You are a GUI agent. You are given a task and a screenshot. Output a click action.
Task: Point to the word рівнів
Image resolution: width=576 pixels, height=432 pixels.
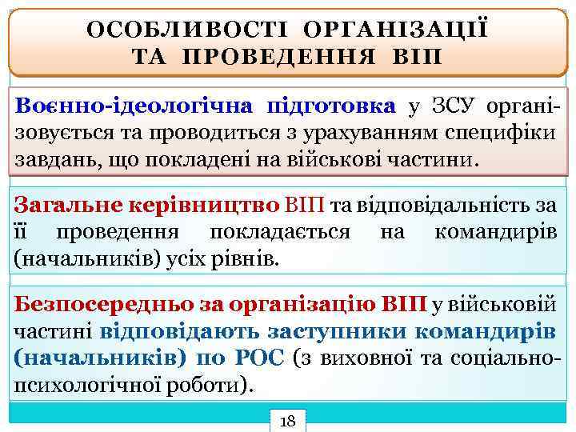tap(252, 259)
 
